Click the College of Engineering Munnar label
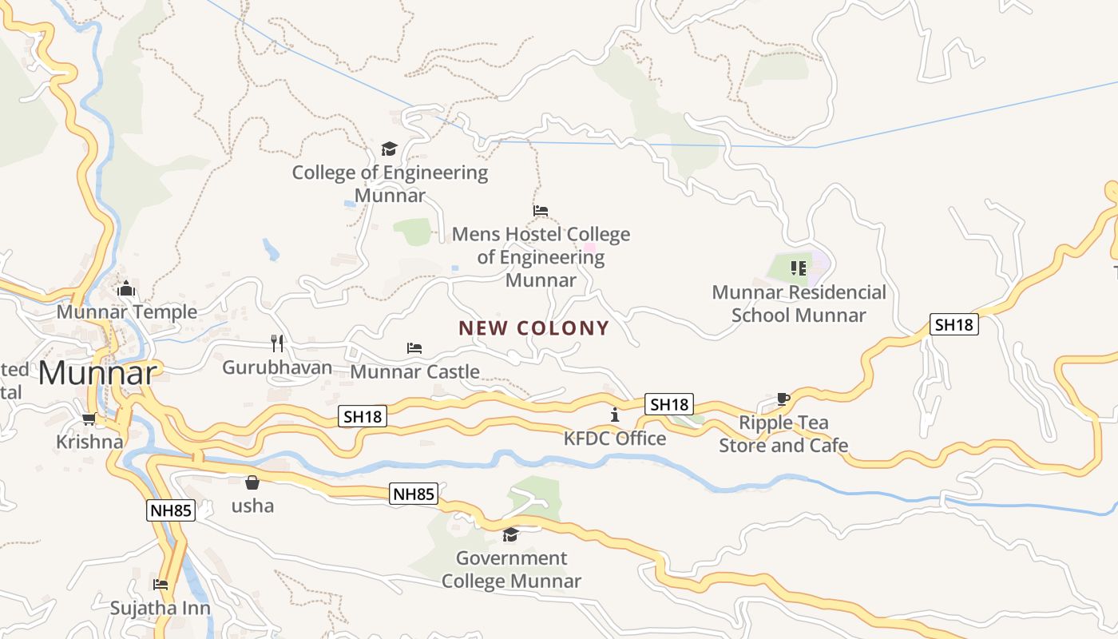pyautogui.click(x=390, y=184)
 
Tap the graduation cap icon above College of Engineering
pyautogui.click(x=389, y=149)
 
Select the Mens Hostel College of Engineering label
pyautogui.click(x=541, y=257)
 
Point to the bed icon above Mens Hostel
pyautogui.click(x=541, y=211)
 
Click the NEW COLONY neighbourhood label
pyautogui.click(x=533, y=328)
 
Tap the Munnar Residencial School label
pyautogui.click(x=799, y=304)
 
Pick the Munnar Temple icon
pyautogui.click(x=125, y=288)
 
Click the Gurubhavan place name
pyautogui.click(x=277, y=367)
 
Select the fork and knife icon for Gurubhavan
pyautogui.click(x=277, y=343)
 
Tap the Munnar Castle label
pyautogui.click(x=414, y=371)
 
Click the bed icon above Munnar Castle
pyautogui.click(x=414, y=348)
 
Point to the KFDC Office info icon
pyautogui.click(x=614, y=415)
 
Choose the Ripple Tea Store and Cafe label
pyautogui.click(x=783, y=434)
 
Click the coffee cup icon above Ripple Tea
pyautogui.click(x=783, y=399)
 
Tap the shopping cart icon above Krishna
pyautogui.click(x=89, y=419)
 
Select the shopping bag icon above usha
pyautogui.click(x=252, y=482)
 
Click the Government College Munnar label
pyautogui.click(x=511, y=570)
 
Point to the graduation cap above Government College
pyautogui.click(x=510, y=534)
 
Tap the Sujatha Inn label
pyautogui.click(x=161, y=608)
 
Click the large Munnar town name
pyautogui.click(x=97, y=373)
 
